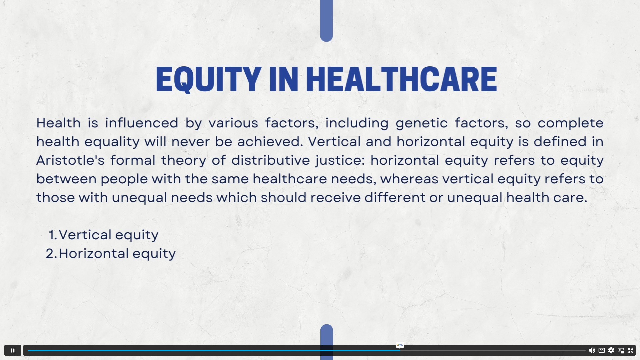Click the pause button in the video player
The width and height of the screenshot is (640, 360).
point(13,350)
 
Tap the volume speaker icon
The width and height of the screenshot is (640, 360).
point(592,350)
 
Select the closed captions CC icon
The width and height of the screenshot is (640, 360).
point(601,350)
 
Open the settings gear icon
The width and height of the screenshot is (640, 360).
point(611,350)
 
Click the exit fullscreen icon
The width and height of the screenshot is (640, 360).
point(630,350)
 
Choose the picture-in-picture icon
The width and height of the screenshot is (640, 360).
point(621,350)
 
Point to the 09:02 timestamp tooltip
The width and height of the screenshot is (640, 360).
point(400,345)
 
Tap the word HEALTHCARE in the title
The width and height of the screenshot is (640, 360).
point(401,79)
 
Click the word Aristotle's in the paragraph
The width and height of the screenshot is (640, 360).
point(70,160)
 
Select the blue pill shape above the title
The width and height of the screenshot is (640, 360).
point(326,21)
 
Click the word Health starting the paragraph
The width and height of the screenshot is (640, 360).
point(59,123)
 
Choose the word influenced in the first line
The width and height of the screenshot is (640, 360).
point(142,123)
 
